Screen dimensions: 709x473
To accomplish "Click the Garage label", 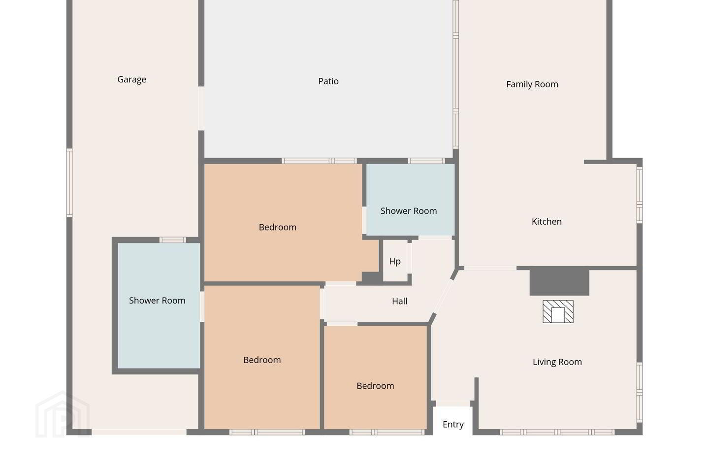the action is (x=131, y=79).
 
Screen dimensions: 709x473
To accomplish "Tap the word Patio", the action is (x=328, y=81).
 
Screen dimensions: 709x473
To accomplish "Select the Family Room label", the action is (x=532, y=84).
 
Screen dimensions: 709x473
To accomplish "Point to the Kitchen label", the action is (x=547, y=221).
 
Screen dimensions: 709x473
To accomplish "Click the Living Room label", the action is (x=557, y=362).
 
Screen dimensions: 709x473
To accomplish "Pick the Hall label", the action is (x=399, y=301).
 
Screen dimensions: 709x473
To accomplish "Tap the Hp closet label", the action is (x=395, y=261).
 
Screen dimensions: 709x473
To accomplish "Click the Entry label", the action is (x=453, y=424).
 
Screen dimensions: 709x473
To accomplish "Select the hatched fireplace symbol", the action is (x=558, y=311).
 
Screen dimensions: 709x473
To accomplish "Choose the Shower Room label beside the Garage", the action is (x=157, y=301).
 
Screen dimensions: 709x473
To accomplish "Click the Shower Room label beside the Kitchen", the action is (x=409, y=211).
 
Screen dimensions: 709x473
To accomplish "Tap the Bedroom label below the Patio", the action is (x=278, y=227).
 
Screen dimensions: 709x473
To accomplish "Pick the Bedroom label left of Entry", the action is (x=375, y=386).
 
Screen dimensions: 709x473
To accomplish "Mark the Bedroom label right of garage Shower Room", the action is (x=262, y=360).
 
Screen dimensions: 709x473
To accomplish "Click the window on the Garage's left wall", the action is (x=69, y=183).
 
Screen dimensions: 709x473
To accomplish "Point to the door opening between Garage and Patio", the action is (x=201, y=108).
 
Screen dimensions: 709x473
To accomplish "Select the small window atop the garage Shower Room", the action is (x=172, y=240).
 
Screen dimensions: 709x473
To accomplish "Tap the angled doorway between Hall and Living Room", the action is (x=443, y=297).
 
